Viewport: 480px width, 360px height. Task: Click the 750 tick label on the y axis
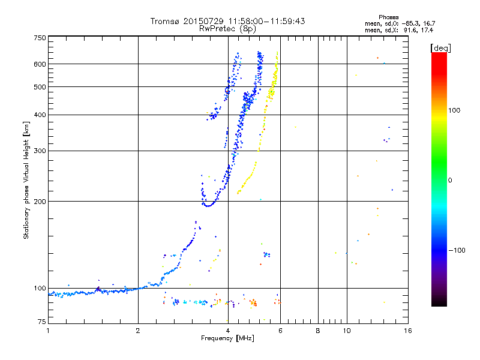40,38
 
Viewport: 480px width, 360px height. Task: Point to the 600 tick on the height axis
40,64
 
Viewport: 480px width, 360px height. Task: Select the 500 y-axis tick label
40,87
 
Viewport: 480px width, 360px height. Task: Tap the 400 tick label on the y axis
40,115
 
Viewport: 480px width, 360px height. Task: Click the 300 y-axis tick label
40,150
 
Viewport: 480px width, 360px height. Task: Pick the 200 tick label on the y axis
40,201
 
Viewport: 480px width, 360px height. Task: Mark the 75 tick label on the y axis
41,323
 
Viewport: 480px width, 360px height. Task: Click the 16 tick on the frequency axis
407,331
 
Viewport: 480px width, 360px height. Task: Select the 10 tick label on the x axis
346,331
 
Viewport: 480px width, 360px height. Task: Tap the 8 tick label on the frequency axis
318,331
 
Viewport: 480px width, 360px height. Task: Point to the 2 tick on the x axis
138,331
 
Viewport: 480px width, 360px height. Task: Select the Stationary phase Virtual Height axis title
26,180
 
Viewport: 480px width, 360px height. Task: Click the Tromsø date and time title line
227,21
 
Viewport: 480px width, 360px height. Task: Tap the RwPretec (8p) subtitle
227,28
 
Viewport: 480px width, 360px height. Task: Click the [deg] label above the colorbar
440,47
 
